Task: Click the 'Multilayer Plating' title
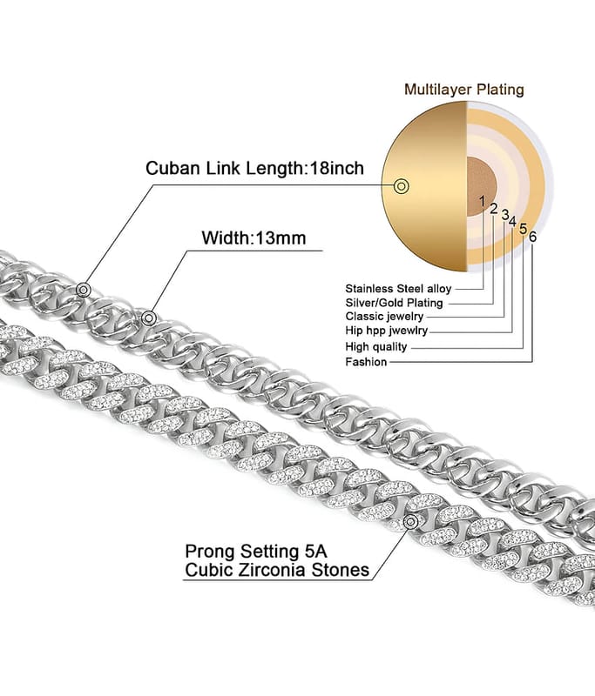[463, 90]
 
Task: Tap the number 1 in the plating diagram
[481, 201]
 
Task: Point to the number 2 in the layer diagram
[493, 209]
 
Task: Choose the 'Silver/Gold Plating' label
[394, 302]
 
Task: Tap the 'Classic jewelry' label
[384, 316]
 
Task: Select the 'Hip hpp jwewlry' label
[387, 331]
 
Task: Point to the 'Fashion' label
[366, 361]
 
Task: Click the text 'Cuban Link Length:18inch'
[254, 168]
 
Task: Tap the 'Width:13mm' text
[254, 238]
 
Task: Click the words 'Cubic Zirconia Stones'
[277, 571]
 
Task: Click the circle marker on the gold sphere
[402, 185]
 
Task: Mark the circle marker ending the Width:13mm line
[149, 318]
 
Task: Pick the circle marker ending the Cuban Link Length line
[83, 290]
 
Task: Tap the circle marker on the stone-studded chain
[409, 519]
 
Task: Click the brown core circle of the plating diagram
[478, 183]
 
